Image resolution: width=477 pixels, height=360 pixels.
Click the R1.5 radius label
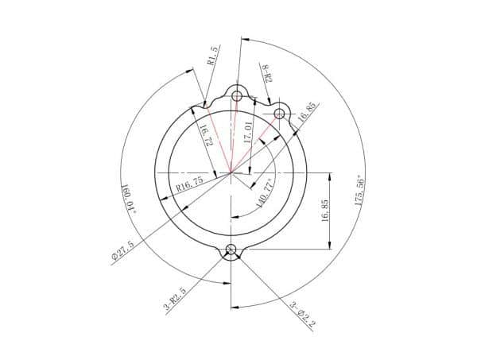pyautogui.click(x=212, y=56)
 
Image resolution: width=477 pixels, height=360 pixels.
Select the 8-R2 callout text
pyautogui.click(x=267, y=73)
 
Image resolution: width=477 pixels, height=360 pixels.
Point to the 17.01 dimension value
pyautogui.click(x=248, y=133)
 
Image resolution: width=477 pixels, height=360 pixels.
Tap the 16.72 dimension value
pyautogui.click(x=206, y=135)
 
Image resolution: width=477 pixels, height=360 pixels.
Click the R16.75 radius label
pyautogui.click(x=190, y=184)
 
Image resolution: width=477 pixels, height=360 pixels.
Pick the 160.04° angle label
pyautogui.click(x=128, y=199)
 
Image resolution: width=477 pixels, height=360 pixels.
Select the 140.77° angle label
pyautogui.click(x=266, y=193)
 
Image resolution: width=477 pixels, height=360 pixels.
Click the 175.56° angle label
pyautogui.click(x=360, y=191)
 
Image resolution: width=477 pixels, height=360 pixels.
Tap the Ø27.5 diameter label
pyautogui.click(x=122, y=250)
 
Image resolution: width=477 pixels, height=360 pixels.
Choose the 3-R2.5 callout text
pyautogui.click(x=176, y=299)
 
